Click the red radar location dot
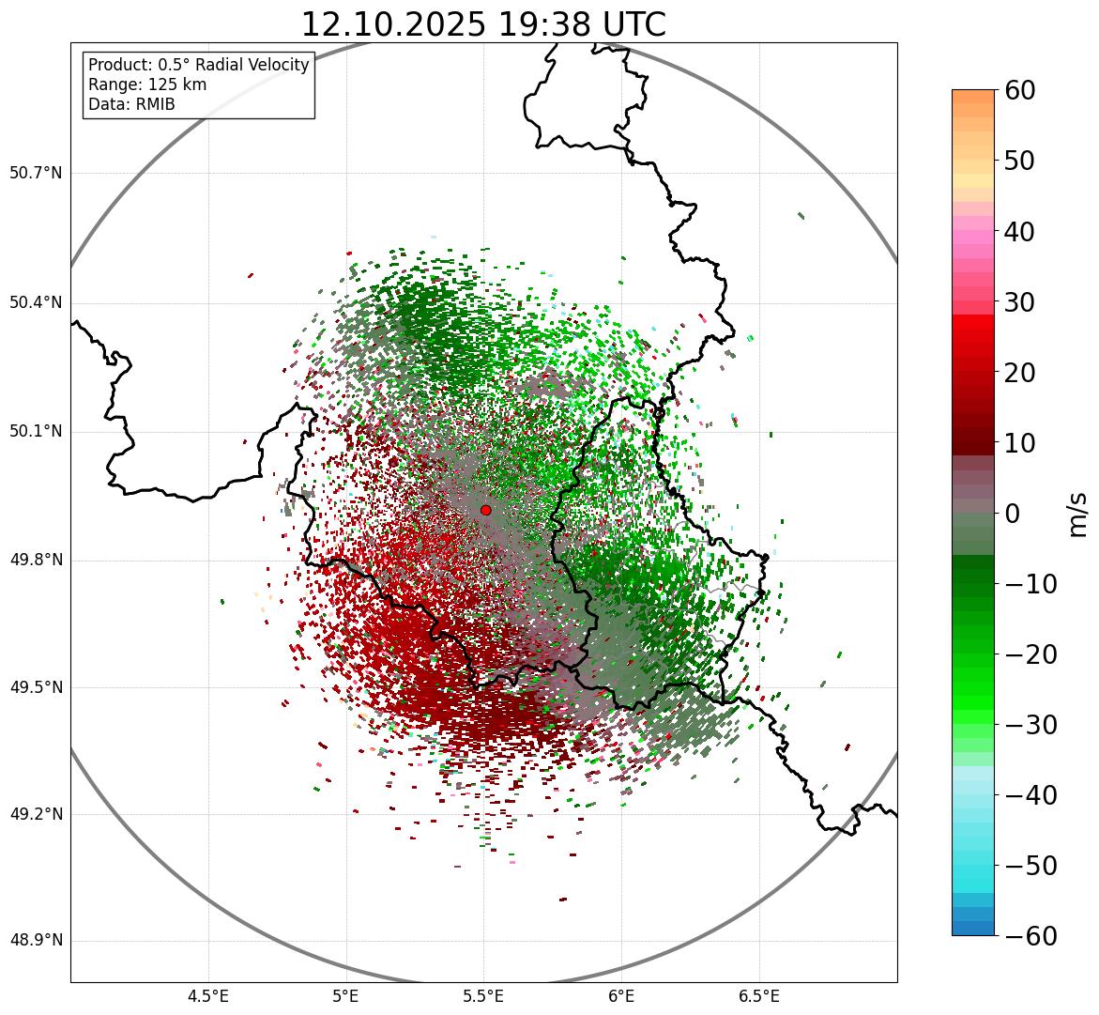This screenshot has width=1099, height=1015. pyautogui.click(x=485, y=510)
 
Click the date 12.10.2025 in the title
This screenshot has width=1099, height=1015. pyautogui.click(x=393, y=24)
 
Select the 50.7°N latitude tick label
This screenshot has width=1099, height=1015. pyautogui.click(x=36, y=174)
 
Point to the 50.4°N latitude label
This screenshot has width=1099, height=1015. pyautogui.click(x=36, y=303)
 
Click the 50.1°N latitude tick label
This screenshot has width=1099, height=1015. pyautogui.click(x=36, y=432)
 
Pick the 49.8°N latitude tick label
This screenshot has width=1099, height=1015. pyautogui.click(x=36, y=561)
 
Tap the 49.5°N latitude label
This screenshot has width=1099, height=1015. pyautogui.click(x=36, y=687)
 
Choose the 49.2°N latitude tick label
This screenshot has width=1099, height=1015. pyautogui.click(x=36, y=814)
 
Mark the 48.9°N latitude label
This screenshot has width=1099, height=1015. pyautogui.click(x=36, y=941)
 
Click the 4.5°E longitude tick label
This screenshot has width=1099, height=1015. pyautogui.click(x=208, y=996)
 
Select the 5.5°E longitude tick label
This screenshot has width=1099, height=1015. pyautogui.click(x=484, y=996)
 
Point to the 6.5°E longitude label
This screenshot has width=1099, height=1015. pyautogui.click(x=759, y=996)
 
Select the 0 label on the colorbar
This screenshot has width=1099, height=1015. pyautogui.click(x=1013, y=514)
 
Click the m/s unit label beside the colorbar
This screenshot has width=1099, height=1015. pyautogui.click(x=1078, y=514)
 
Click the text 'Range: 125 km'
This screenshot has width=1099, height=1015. pyautogui.click(x=147, y=85)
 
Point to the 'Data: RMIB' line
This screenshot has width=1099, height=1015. pyautogui.click(x=131, y=104)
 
